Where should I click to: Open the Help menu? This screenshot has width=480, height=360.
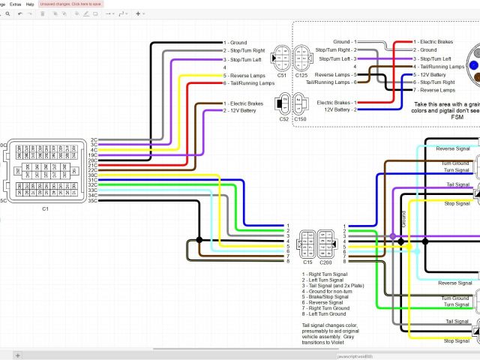[30, 4]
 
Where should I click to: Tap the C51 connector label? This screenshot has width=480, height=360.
[282, 76]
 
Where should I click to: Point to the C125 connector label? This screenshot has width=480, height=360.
[301, 76]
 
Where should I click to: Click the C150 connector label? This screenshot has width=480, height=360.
[300, 118]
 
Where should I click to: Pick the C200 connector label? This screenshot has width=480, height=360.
[325, 262]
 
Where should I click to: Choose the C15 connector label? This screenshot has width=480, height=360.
[307, 262]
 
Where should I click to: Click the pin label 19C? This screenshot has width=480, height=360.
[93, 154]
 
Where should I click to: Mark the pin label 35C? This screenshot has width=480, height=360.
[93, 201]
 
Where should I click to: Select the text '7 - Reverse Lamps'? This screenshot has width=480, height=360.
[437, 90]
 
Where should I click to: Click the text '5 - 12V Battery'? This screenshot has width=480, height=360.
[435, 74]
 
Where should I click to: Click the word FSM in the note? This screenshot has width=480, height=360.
[457, 117]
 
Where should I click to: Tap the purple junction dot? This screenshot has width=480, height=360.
[392, 235]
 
